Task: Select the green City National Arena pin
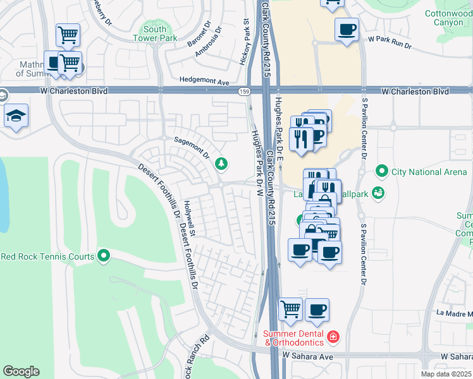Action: click(381, 171)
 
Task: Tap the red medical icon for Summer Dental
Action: click(333, 338)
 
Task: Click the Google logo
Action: click(21, 371)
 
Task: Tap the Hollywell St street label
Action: click(189, 219)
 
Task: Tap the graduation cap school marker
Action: click(16, 116)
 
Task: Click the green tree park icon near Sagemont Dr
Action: click(221, 164)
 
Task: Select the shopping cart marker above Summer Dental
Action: click(290, 310)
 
